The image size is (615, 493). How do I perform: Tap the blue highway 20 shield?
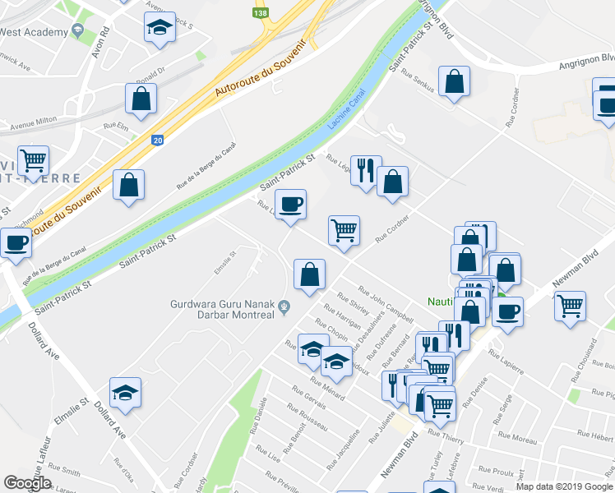157,141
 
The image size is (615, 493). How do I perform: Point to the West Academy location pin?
78,30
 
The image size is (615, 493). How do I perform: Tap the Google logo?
27,483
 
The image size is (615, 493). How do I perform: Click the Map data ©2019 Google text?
564,486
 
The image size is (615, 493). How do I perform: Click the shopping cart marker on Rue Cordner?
344,230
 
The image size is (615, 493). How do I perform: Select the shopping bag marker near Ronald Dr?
141,99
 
